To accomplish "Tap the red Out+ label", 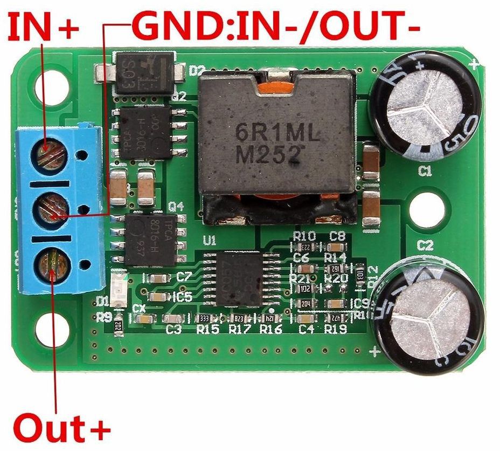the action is (62, 429).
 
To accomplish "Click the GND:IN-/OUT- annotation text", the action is (275, 26).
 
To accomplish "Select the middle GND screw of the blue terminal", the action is (52, 210).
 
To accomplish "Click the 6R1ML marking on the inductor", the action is (277, 132).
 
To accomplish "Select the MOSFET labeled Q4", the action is (149, 240).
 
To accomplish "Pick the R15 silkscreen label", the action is (207, 329).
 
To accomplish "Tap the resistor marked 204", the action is (305, 304).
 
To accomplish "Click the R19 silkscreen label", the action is (336, 329).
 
